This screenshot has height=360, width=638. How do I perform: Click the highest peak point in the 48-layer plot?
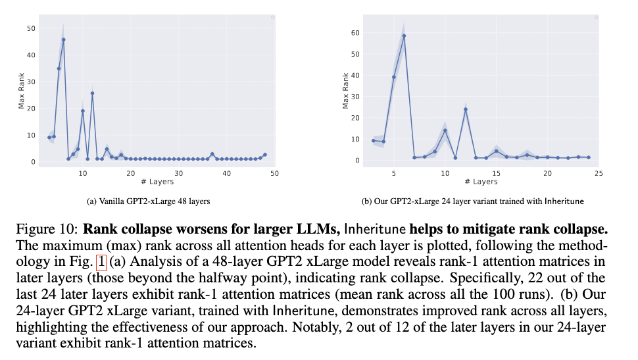click(64, 39)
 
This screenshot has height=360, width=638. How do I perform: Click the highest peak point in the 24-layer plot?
click(404, 36)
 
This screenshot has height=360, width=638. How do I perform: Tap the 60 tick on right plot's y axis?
click(356, 32)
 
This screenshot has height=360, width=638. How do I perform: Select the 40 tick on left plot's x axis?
click(227, 173)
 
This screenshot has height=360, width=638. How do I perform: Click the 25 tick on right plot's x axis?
click(599, 173)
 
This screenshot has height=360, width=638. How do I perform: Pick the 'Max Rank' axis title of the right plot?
click(346, 93)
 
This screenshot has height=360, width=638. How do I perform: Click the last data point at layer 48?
click(265, 155)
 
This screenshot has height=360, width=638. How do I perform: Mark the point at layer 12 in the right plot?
click(466, 109)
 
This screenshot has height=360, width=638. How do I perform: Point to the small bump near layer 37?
click(212, 154)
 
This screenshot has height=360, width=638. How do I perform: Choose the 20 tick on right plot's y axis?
click(356, 118)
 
